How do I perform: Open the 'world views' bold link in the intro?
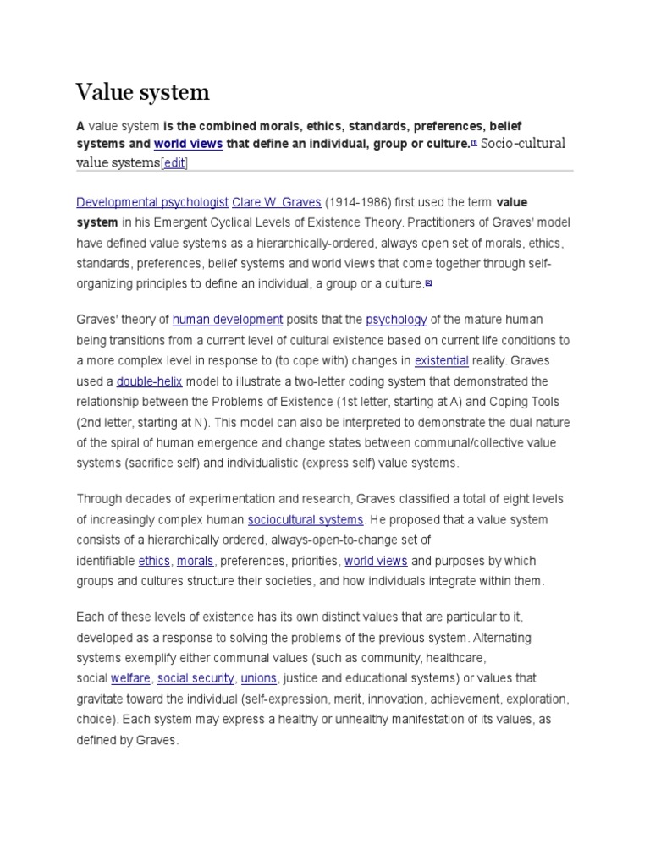(188, 144)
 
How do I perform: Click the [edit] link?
(174, 163)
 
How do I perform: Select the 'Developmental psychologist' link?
(152, 202)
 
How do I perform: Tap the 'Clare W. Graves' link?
(277, 202)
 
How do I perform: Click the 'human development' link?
(228, 319)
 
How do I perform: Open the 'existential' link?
(441, 360)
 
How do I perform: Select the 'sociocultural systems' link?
(306, 519)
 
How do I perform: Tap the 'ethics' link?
(154, 561)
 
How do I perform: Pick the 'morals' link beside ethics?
(195, 561)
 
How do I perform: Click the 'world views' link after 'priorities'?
(376, 561)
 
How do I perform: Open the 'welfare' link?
(130, 678)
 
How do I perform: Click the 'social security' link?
(196, 678)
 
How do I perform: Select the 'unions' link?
(258, 678)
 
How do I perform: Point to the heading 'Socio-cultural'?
(522, 143)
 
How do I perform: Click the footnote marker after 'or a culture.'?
(428, 283)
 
